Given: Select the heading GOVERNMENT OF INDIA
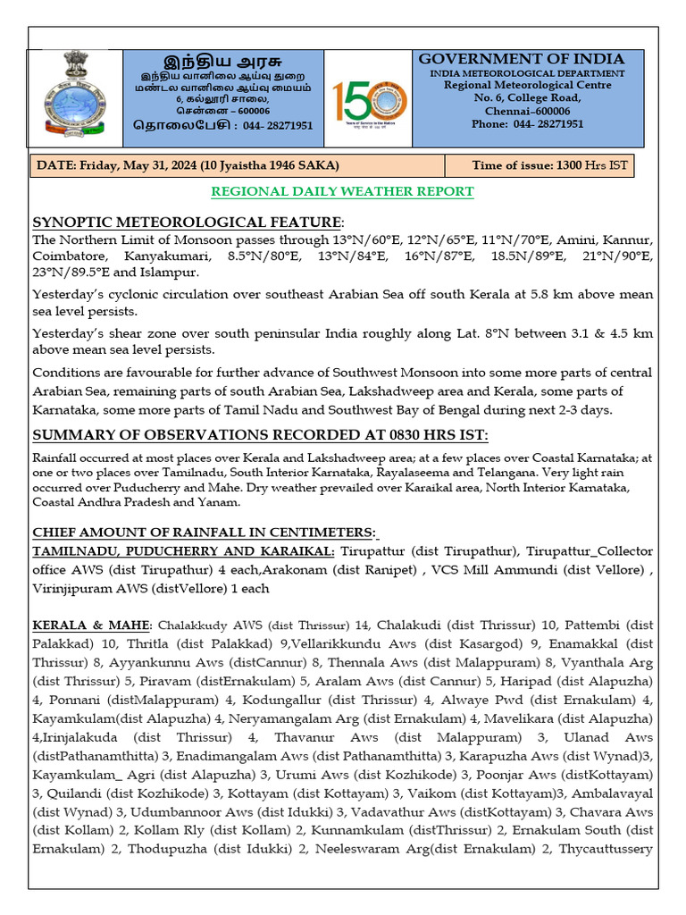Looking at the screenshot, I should (522, 59).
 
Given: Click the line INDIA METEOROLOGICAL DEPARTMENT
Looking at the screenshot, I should (527, 72).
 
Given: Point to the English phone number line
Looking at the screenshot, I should (527, 124).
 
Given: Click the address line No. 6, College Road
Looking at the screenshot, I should (527, 97).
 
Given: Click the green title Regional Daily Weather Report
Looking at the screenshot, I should (342, 192).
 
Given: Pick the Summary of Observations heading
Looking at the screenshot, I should (260, 435).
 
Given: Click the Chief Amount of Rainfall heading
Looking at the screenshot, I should (205, 532).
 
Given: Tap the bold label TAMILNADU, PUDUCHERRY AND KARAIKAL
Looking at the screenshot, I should (184, 550).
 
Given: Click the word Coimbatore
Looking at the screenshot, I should (69, 257).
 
